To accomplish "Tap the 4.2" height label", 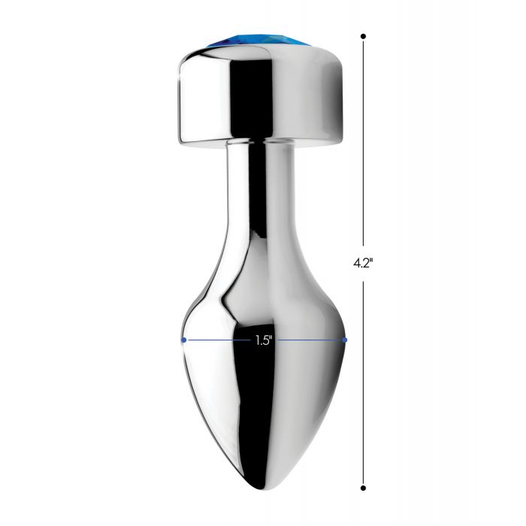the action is tap(363, 263).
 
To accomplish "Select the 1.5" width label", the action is tap(263, 340).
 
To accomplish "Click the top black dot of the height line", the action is tap(363, 36).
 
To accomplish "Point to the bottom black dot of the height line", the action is tap(363, 488).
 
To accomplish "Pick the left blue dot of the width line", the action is tap(183, 340).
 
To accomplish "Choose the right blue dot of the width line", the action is tap(344, 340).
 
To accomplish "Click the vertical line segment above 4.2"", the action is tap(363, 141).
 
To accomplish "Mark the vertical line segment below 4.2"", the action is tap(363, 385).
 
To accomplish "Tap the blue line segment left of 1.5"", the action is tap(218, 340).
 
